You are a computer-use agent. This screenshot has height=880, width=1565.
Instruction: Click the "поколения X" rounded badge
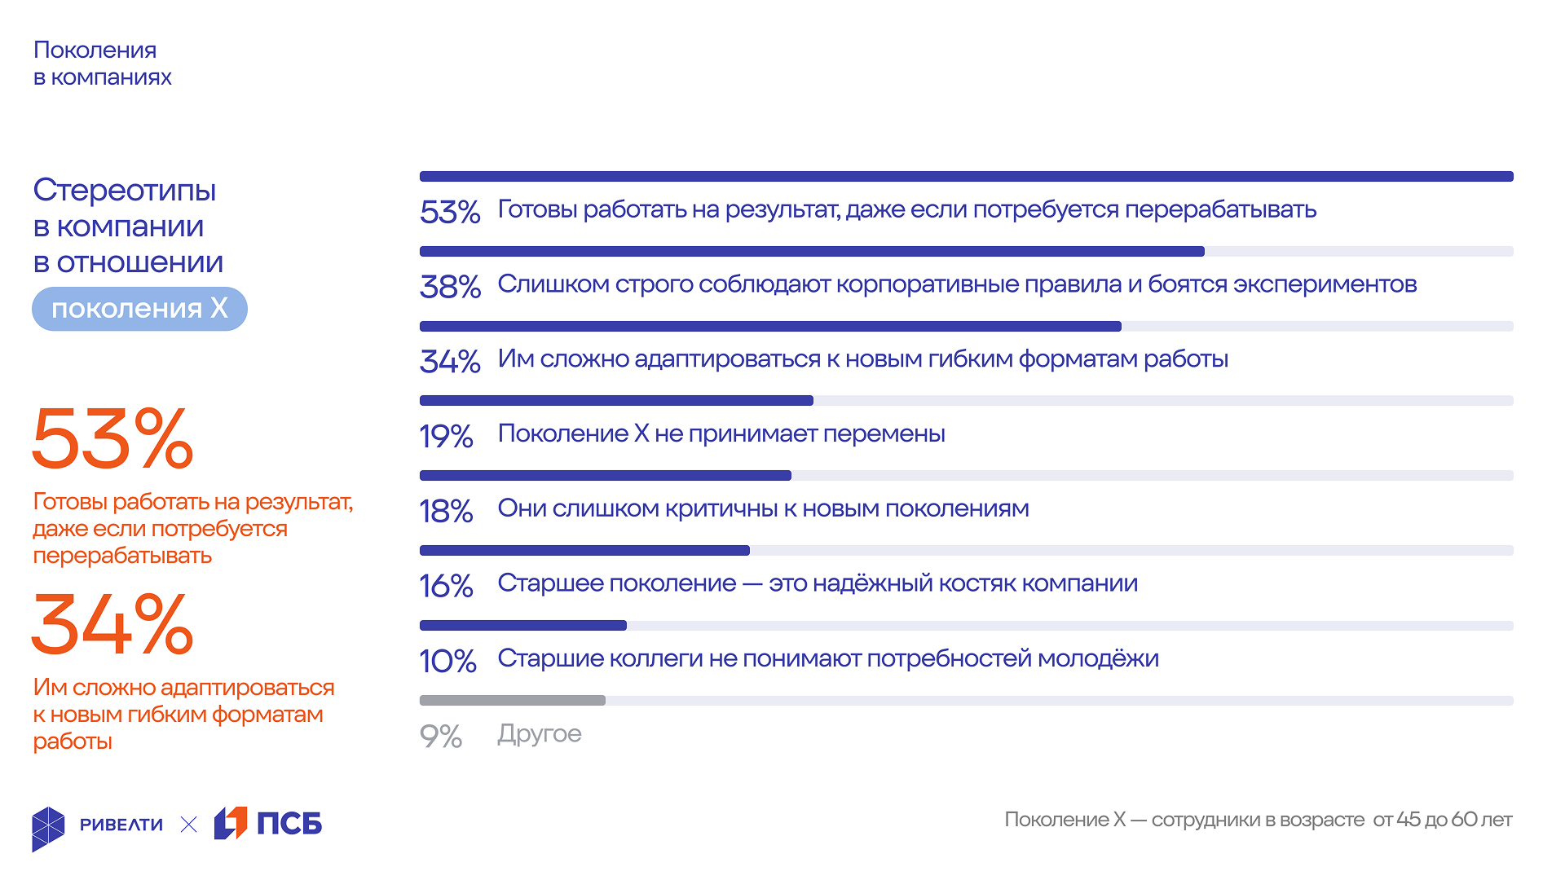[139, 309]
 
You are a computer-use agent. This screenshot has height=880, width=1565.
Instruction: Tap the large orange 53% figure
[112, 439]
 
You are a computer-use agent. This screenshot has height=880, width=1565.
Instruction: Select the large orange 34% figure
[112, 624]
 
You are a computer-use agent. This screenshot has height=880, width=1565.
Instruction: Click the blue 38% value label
[450, 287]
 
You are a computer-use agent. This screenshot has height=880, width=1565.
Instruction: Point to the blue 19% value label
[446, 437]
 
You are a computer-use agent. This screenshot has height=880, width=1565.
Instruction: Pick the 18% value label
[446, 512]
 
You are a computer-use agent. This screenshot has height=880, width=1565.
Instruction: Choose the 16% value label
[446, 586]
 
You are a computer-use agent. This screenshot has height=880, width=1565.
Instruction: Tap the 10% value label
[447, 661]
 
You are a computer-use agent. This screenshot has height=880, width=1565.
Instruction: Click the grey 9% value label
[441, 737]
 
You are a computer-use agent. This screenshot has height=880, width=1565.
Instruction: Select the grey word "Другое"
[540, 734]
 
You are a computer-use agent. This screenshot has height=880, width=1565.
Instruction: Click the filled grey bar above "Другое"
[512, 701]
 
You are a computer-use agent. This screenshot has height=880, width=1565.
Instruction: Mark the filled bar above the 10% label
[522, 626]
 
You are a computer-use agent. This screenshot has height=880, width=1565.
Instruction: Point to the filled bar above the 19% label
[616, 401]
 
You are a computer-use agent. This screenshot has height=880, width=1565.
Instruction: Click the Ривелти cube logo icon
[48, 829]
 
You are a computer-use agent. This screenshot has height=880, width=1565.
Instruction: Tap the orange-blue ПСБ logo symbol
[231, 823]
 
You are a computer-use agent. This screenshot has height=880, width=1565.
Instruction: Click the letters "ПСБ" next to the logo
[289, 824]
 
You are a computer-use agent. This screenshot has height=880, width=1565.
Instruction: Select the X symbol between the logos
[188, 825]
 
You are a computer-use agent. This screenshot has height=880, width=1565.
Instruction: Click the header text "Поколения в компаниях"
[102, 64]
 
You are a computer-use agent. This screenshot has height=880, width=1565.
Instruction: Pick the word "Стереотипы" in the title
[125, 191]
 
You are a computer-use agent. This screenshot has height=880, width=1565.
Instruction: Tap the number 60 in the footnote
[1465, 820]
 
